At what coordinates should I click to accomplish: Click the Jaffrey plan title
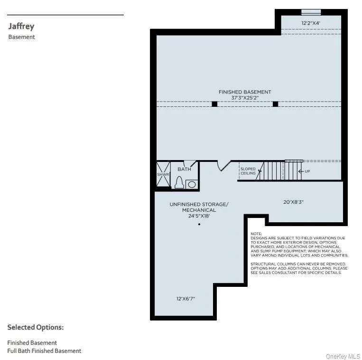[21, 26]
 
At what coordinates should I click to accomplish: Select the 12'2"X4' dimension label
[311, 23]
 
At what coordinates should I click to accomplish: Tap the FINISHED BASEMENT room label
[245, 92]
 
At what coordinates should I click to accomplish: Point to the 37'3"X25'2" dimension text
[245, 98]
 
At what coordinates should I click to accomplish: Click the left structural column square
[214, 104]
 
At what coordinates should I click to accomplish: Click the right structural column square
[275, 104]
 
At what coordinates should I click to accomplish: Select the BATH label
[184, 169]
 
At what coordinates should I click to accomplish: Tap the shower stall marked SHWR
[163, 174]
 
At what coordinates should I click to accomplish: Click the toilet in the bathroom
[179, 182]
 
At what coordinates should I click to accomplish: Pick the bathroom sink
[192, 184]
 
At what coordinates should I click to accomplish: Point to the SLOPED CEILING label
[248, 171]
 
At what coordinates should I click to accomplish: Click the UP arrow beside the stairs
[301, 171]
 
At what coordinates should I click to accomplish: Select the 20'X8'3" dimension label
[293, 202]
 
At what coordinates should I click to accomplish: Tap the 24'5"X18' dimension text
[199, 216]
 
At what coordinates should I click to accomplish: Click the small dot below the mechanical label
[199, 224]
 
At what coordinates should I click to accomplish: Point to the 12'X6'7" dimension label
[186, 299]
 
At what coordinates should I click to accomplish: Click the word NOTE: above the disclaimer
[256, 234]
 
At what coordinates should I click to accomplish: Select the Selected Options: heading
[35, 327]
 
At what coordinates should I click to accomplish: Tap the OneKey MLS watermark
[343, 357]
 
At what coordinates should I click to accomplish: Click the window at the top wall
[311, 12]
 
